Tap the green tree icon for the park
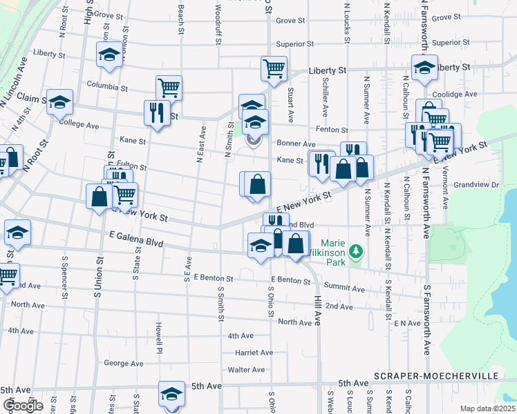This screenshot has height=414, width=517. [x=357, y=250]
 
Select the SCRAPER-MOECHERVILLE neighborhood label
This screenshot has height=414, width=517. [x=445, y=375]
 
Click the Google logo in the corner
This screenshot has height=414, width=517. [x=23, y=406]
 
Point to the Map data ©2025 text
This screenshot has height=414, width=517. [x=487, y=408]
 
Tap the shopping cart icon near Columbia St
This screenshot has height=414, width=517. [x=169, y=88]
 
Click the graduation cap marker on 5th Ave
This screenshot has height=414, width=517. [x=171, y=393]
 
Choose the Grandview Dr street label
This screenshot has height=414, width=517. [x=476, y=185]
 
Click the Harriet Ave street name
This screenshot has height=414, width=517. [x=254, y=353]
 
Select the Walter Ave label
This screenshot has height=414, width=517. [x=247, y=370]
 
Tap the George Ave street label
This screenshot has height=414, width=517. [x=123, y=364]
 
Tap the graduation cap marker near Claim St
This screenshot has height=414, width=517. [x=60, y=102]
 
